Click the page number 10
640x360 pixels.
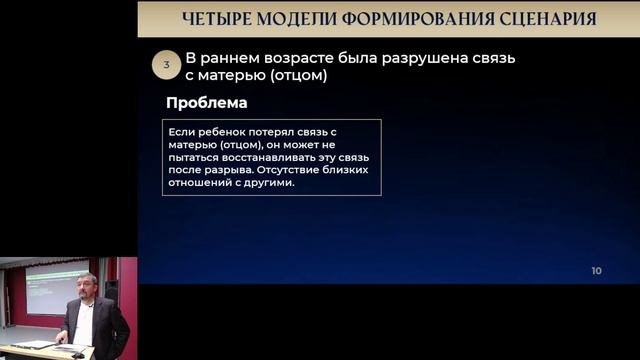tap(597, 271)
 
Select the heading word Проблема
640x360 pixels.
tap(207, 103)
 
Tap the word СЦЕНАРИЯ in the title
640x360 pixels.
tap(544, 19)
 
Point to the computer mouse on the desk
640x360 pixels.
tap(78, 352)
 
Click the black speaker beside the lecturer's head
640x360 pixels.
tap(111, 290)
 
